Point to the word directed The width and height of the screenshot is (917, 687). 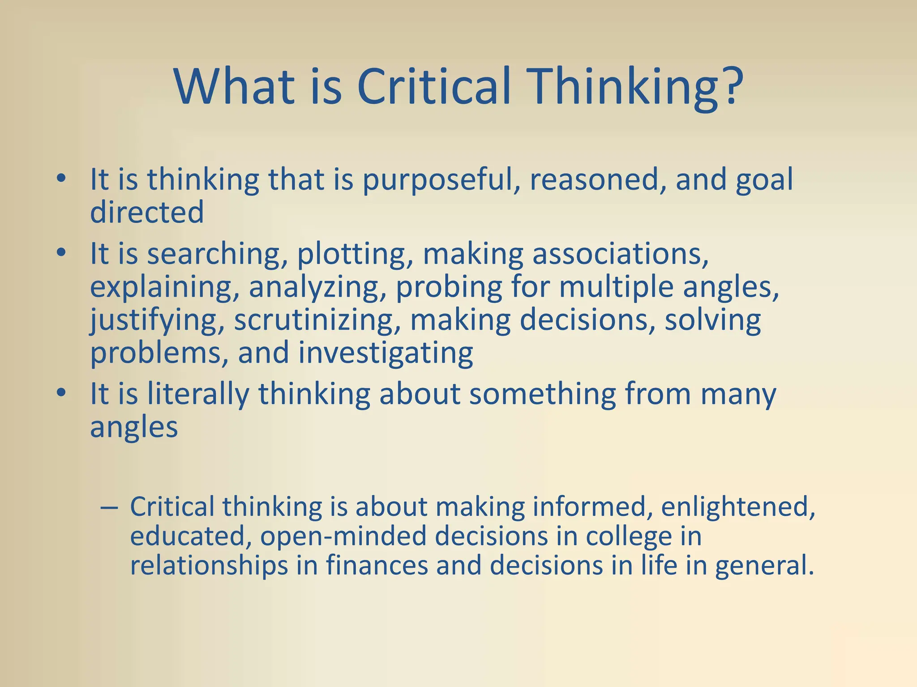tap(147, 212)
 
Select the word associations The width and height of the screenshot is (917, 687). tap(620, 254)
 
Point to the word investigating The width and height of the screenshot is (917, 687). tap(386, 353)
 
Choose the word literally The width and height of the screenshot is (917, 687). tap(198, 394)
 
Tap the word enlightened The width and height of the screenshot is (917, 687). tap(737, 507)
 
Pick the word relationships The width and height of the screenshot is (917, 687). tap(209, 566)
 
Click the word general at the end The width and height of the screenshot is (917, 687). tap(763, 566)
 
